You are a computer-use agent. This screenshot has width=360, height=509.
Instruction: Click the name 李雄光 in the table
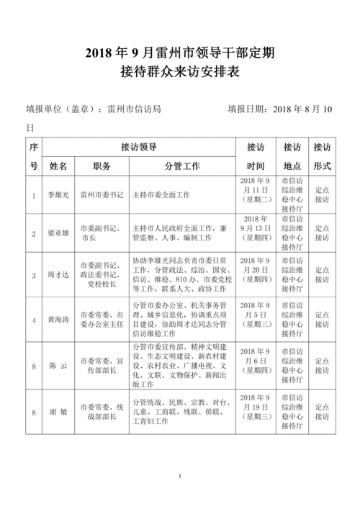[x=58, y=195]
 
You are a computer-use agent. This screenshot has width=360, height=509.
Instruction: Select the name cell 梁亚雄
[x=58, y=233]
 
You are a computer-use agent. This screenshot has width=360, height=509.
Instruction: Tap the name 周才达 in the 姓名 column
[x=58, y=275]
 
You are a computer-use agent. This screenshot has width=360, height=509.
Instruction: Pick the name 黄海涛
[x=58, y=319]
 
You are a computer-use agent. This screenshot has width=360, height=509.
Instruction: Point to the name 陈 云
[x=58, y=366]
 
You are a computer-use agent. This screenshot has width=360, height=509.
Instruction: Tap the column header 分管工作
[x=182, y=166]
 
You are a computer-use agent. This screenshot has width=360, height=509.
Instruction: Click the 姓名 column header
[x=58, y=166]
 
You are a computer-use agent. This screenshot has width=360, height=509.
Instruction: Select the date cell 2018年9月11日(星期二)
[x=256, y=195]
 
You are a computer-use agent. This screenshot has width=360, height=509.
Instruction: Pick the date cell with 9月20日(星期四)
[x=256, y=275]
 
